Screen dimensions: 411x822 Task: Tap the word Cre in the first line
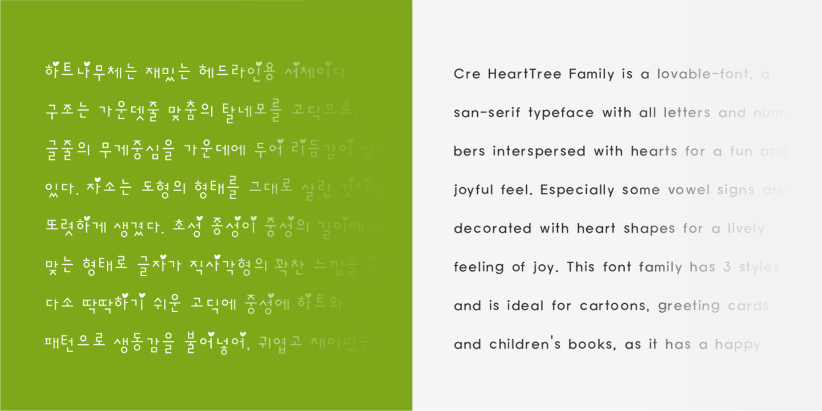coord(466,74)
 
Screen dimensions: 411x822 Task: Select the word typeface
coord(561,113)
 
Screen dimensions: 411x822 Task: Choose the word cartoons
coord(615,306)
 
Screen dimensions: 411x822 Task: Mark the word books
coord(593,345)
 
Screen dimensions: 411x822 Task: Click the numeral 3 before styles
coord(727,267)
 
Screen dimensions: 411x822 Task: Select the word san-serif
coord(486,113)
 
